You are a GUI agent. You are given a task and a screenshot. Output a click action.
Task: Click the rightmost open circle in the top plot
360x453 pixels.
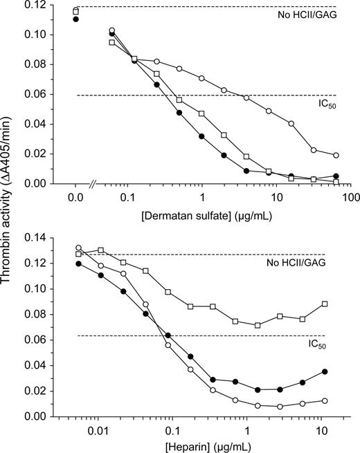coord(336,156)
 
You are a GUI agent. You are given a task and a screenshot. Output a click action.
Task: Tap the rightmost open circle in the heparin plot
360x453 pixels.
coord(325,400)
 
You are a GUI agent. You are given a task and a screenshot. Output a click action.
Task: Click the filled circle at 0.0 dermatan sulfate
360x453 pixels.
coord(75,19)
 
